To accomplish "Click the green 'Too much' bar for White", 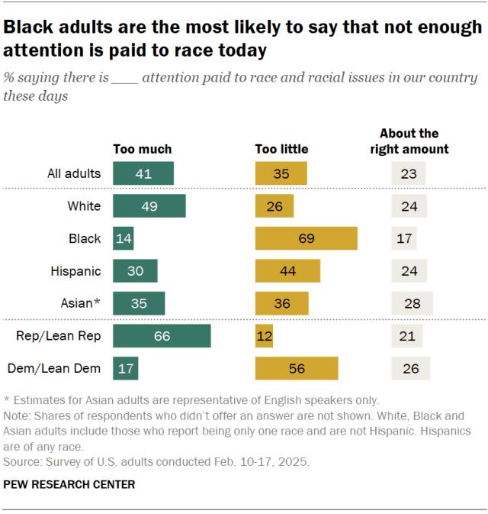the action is (149, 206).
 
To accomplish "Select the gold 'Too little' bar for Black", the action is (307, 238).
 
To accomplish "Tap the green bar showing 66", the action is (162, 336).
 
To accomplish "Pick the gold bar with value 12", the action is (264, 336).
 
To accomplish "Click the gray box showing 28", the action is (412, 303).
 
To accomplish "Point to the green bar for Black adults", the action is (124, 238).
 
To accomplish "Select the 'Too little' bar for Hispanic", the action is (287, 271).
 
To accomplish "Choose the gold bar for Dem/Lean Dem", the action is (297, 368).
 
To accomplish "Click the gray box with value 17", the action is (404, 238).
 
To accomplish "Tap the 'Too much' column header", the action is (143, 149).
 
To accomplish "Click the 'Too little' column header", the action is (282, 149).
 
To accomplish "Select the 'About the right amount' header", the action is (409, 141).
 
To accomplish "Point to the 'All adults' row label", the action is (74, 173).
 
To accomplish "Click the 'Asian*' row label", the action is (81, 303).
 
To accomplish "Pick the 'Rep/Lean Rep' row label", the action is (59, 336).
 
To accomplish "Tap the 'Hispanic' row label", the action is (76, 271).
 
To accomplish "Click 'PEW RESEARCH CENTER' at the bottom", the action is (69, 484).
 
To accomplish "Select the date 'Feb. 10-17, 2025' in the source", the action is (262, 461).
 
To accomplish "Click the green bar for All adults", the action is (143, 173).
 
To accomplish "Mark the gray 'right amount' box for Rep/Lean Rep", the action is (407, 336).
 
